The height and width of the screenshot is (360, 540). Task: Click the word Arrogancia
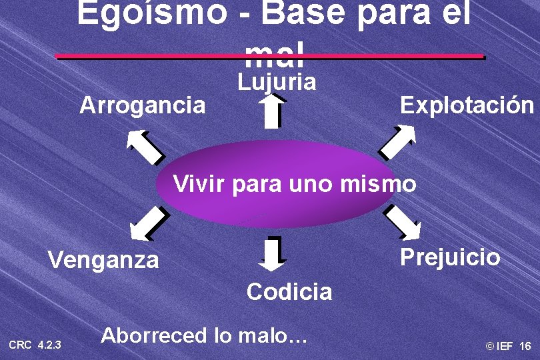coord(143,105)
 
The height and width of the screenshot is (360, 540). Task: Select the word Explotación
coord(467,105)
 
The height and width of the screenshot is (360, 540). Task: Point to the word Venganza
coord(104,259)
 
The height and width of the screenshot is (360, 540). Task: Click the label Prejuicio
coord(450,257)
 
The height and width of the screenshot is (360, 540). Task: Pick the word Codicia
coord(289,291)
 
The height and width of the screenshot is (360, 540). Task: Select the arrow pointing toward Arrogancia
coord(146,146)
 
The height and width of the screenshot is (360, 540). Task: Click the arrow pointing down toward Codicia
coord(273,254)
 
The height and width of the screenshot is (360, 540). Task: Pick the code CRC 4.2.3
coord(35,345)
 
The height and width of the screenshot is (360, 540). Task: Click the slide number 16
coord(525,347)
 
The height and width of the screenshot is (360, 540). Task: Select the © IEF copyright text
coord(499,347)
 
